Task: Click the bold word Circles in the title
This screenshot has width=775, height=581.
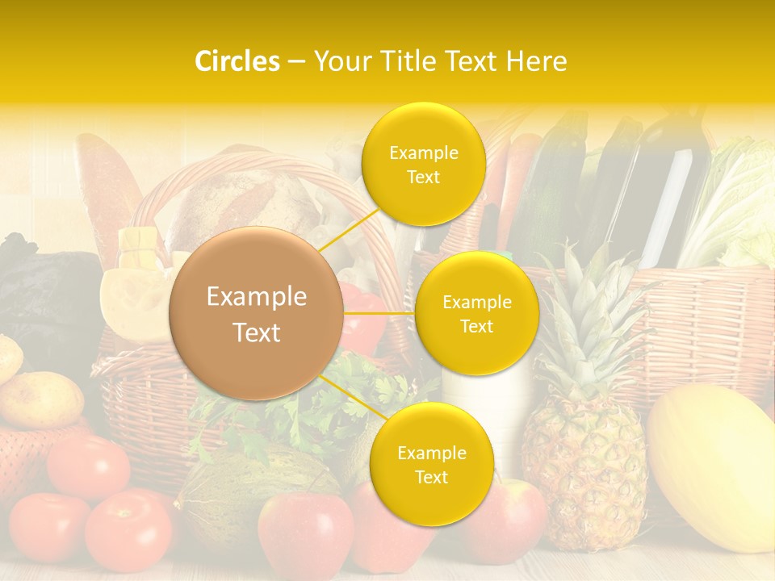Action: point(237,61)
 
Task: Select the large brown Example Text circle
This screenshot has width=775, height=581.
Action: point(257,313)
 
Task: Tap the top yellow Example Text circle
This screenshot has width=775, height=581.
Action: point(423,165)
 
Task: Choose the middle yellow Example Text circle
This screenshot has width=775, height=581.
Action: point(476,313)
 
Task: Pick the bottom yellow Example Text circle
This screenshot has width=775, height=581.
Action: point(431,464)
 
